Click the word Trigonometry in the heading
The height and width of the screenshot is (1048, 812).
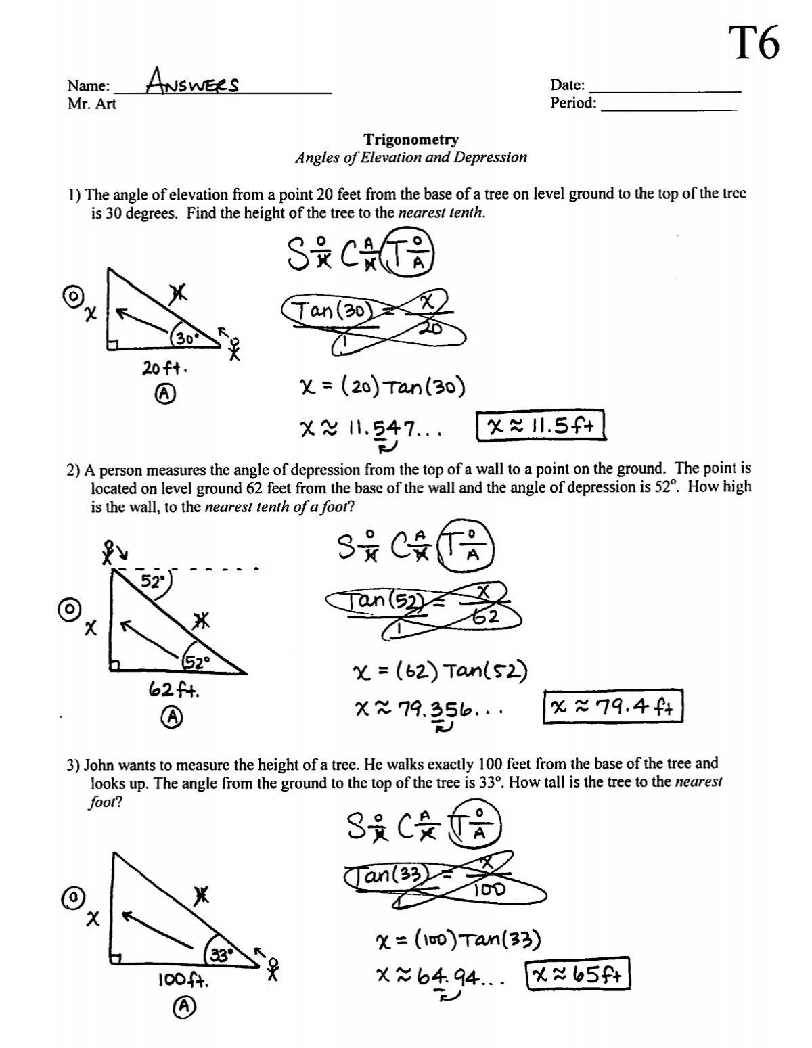coord(411,140)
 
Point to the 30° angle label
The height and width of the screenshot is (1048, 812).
coord(183,338)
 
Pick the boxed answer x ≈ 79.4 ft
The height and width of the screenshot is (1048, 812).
coord(614,707)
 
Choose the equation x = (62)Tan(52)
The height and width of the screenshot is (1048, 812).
coord(440,672)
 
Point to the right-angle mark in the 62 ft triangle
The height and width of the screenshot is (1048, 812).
coord(114,667)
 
